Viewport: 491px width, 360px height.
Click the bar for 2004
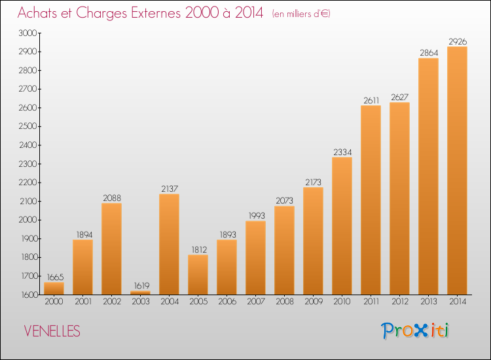(x=170, y=244)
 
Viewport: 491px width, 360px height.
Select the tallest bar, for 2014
(x=457, y=171)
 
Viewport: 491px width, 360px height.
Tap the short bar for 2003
(x=140, y=293)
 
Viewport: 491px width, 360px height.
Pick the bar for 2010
(x=342, y=226)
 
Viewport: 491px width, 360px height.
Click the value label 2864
(x=429, y=52)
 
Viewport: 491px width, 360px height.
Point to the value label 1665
(x=55, y=277)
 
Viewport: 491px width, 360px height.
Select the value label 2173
(x=313, y=182)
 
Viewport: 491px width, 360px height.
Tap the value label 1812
(x=199, y=249)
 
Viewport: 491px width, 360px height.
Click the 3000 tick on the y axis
(x=28, y=33)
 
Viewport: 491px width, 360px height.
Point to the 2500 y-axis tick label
(x=28, y=126)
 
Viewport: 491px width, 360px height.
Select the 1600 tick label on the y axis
(x=29, y=295)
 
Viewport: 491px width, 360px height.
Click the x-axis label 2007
(x=256, y=301)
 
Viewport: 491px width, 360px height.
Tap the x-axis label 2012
(x=400, y=301)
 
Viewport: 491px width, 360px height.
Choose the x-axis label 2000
(x=54, y=301)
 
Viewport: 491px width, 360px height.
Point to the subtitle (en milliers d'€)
(x=301, y=14)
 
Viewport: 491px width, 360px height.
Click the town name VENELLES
(x=52, y=331)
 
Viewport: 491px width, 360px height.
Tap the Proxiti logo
(x=415, y=331)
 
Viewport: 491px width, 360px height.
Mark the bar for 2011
(x=371, y=200)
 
